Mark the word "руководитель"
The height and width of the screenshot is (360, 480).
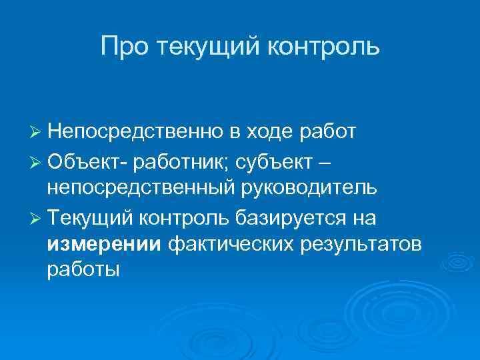pyautogui.click(x=309, y=187)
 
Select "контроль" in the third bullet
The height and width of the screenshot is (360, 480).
pyautogui.click(x=189, y=217)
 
